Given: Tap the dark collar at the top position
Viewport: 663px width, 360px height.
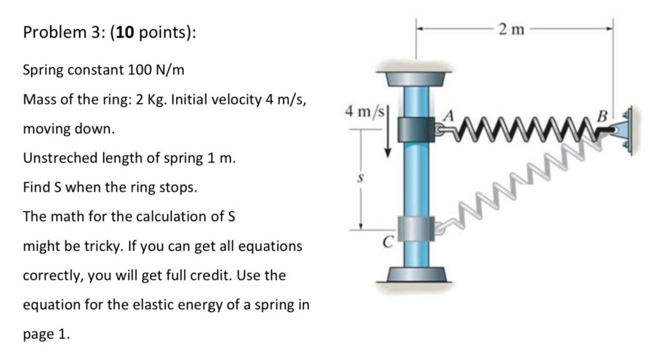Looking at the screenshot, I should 416,129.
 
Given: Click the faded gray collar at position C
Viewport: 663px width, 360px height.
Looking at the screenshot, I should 416,228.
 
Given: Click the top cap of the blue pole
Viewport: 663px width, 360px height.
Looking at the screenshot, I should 416,78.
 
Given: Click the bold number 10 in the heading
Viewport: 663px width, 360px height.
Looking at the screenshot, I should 126,33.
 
